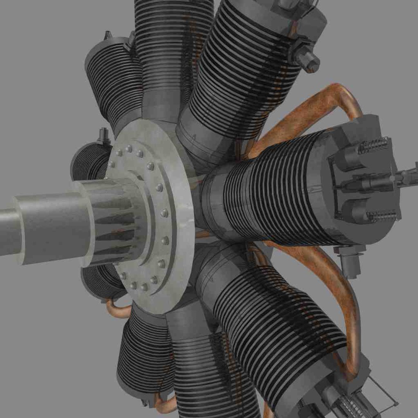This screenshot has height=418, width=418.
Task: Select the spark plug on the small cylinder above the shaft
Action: click(103, 135)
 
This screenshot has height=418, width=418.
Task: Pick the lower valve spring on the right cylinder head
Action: click(381, 216)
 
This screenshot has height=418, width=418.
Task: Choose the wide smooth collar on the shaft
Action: click(50, 228)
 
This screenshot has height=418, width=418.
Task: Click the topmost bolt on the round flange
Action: click(129, 149)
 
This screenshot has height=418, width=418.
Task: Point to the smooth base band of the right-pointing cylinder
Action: click(213, 205)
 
